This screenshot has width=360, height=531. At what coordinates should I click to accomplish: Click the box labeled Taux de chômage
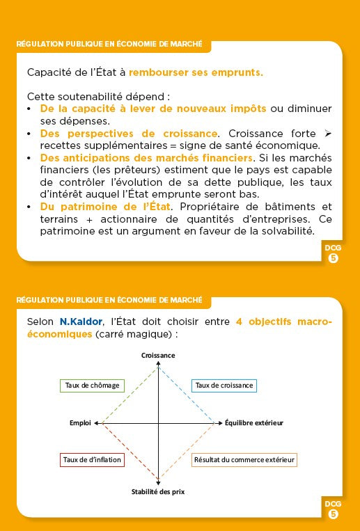(92, 385)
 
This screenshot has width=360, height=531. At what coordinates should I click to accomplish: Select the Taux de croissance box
(224, 385)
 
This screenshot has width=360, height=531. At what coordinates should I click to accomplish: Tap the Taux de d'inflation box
(92, 459)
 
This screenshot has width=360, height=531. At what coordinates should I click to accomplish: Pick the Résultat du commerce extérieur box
(244, 459)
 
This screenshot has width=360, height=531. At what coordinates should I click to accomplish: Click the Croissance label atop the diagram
(158, 355)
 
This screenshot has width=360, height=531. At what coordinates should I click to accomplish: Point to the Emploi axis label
(80, 422)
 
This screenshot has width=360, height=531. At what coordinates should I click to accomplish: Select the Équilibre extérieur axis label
(254, 422)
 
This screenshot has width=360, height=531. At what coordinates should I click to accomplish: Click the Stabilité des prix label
(158, 491)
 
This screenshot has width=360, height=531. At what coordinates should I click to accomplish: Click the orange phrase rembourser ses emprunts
(196, 72)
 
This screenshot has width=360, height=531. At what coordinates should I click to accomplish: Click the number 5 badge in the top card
(333, 258)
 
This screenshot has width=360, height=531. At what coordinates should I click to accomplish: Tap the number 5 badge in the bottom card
(333, 514)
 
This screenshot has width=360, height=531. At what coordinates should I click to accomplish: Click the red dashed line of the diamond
(130, 451)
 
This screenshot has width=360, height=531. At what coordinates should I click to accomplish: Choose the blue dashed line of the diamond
(186, 395)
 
